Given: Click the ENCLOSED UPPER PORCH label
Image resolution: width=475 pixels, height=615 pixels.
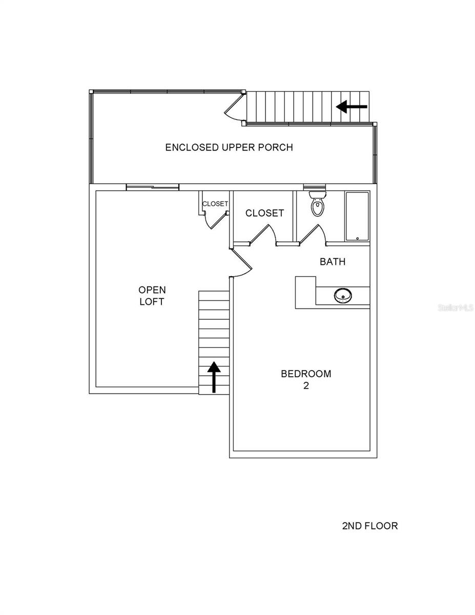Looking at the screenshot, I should (229, 148).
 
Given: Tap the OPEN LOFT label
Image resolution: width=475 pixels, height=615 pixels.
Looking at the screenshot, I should (152, 296).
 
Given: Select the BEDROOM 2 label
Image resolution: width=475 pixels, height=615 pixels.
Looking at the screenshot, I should (306, 379).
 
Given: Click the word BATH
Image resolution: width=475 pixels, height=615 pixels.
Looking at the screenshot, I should (333, 262).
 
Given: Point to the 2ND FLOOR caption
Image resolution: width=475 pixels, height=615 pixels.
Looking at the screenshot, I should (369, 526).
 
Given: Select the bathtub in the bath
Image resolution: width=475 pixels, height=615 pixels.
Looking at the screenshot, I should (357, 216).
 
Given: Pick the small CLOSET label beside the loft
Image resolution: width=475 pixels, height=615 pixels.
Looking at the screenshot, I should (215, 204).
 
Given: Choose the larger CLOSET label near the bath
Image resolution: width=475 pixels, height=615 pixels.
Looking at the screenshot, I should (264, 213).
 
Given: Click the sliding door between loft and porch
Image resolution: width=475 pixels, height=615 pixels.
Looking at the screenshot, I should (153, 187).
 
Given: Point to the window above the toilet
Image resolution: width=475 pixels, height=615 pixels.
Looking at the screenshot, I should (314, 187).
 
